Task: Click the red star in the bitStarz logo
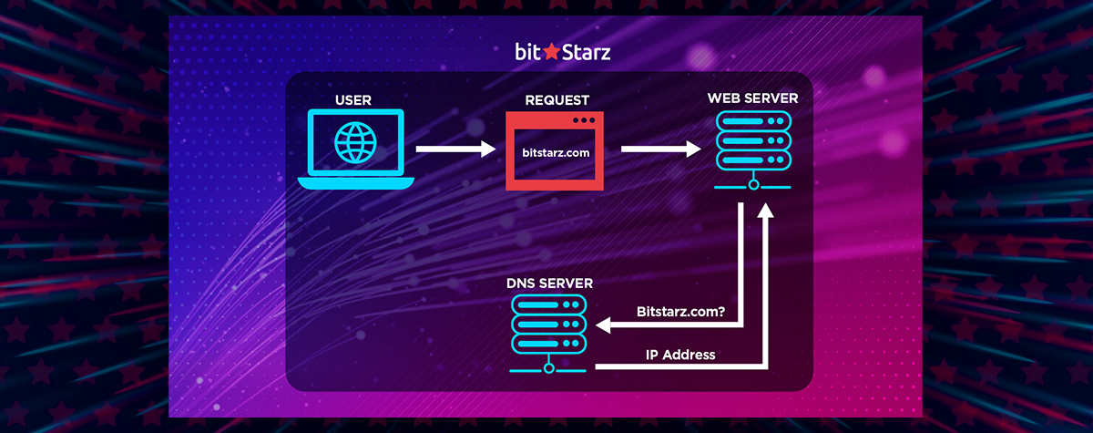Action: coord(551,51)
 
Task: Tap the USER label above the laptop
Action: coord(353,100)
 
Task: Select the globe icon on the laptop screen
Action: coord(355,142)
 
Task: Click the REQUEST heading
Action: coord(557,100)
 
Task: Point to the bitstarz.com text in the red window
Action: coord(556,153)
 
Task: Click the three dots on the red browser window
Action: coord(584,120)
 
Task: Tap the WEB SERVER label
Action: coord(753,98)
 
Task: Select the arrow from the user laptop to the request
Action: coord(455,149)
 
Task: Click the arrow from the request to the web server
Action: coord(661,149)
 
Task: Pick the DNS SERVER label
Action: coord(550,284)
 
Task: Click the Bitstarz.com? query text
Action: coord(680,312)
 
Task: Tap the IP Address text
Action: coord(680,355)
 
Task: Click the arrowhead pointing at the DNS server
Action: coord(603,325)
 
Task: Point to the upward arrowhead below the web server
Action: coord(766,211)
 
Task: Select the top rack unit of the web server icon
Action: coord(753,121)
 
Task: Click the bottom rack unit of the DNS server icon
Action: coord(549,343)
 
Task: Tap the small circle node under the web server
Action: coord(754,185)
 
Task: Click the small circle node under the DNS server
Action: coord(549,368)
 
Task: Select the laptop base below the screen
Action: coord(356,183)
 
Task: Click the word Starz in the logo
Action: coord(586,52)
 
